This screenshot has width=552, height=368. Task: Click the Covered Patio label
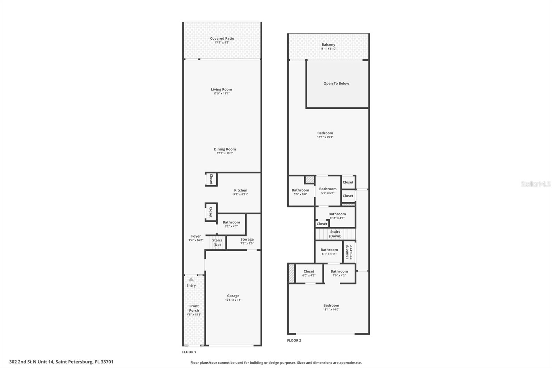[x=222, y=38]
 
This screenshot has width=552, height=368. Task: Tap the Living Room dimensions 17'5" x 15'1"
[x=221, y=94]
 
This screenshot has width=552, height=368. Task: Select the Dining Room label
[x=225, y=149]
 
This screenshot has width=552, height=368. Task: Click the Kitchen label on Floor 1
[x=240, y=190]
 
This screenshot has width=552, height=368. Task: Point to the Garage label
[x=233, y=296]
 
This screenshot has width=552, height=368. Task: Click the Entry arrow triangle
[x=191, y=279]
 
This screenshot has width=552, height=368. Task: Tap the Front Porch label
[x=194, y=308]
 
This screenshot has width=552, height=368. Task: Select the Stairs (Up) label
[x=217, y=242]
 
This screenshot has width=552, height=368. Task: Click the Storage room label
[x=247, y=239]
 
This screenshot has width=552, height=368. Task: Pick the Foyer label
[x=196, y=236]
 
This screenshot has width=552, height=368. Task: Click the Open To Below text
[x=336, y=83]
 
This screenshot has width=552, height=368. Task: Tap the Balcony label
[x=328, y=45]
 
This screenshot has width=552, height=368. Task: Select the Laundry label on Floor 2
[x=347, y=252]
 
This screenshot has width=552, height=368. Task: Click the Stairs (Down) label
[x=335, y=234]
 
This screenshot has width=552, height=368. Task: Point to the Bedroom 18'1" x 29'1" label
[x=325, y=133]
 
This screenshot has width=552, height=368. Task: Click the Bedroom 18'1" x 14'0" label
[x=331, y=305]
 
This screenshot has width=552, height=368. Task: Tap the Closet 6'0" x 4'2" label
[x=309, y=271]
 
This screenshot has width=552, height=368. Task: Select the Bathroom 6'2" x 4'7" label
[x=231, y=222]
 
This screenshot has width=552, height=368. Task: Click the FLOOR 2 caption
[x=294, y=340]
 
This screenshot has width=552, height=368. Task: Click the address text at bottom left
[x=61, y=362]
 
